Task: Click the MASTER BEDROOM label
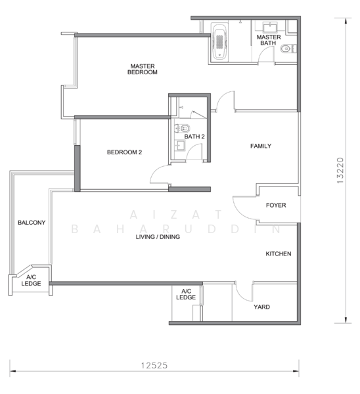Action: [x=143, y=69]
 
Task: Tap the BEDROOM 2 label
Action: [x=124, y=152]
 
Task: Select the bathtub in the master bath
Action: [x=219, y=42]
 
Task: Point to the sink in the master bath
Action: [x=270, y=27]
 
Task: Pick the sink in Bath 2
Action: [x=179, y=145]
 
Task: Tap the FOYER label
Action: [x=276, y=205]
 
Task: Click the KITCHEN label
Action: [x=279, y=253]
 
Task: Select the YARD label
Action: [x=261, y=307]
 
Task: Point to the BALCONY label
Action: [x=32, y=223]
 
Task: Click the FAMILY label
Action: [x=261, y=146]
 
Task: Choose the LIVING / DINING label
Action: [x=158, y=236]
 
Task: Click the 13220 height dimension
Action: [x=340, y=170]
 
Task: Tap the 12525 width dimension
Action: [x=154, y=365]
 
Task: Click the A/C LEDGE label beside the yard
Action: [x=186, y=294]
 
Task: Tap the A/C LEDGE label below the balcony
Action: [x=31, y=280]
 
